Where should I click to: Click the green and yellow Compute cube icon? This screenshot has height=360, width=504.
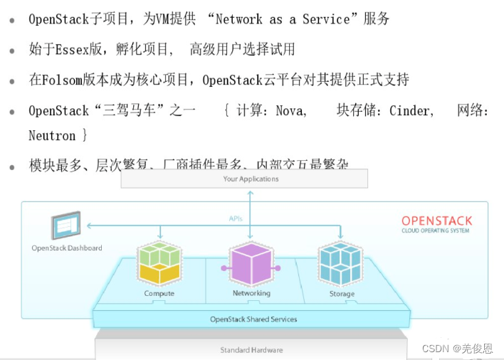[x=159, y=263]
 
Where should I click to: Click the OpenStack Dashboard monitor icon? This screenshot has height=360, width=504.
[x=65, y=226]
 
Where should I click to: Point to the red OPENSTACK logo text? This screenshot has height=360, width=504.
[x=436, y=221]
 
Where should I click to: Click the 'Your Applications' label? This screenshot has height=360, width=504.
[x=251, y=179]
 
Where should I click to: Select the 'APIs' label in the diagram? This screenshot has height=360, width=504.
[x=236, y=218]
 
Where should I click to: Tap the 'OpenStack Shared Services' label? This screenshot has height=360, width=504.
[x=253, y=319]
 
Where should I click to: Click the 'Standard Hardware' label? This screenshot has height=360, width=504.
[x=251, y=350]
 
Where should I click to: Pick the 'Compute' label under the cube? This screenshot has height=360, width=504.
[x=159, y=293]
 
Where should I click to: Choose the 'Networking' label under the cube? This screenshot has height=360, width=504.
[x=251, y=293]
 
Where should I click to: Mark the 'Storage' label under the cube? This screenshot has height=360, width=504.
[x=341, y=293]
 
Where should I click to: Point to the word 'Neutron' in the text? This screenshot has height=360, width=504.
[x=52, y=134]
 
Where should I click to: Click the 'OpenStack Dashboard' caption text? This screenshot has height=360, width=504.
[x=66, y=248]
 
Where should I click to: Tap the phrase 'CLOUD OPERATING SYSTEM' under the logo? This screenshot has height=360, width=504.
[x=435, y=231]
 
